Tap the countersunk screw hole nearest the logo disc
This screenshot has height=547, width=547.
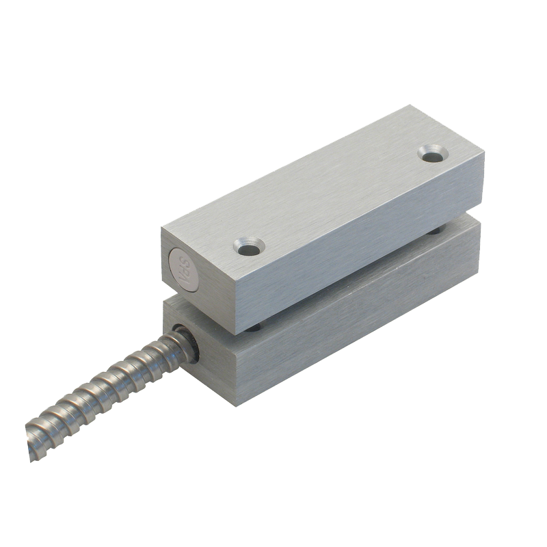coord(247,245)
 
